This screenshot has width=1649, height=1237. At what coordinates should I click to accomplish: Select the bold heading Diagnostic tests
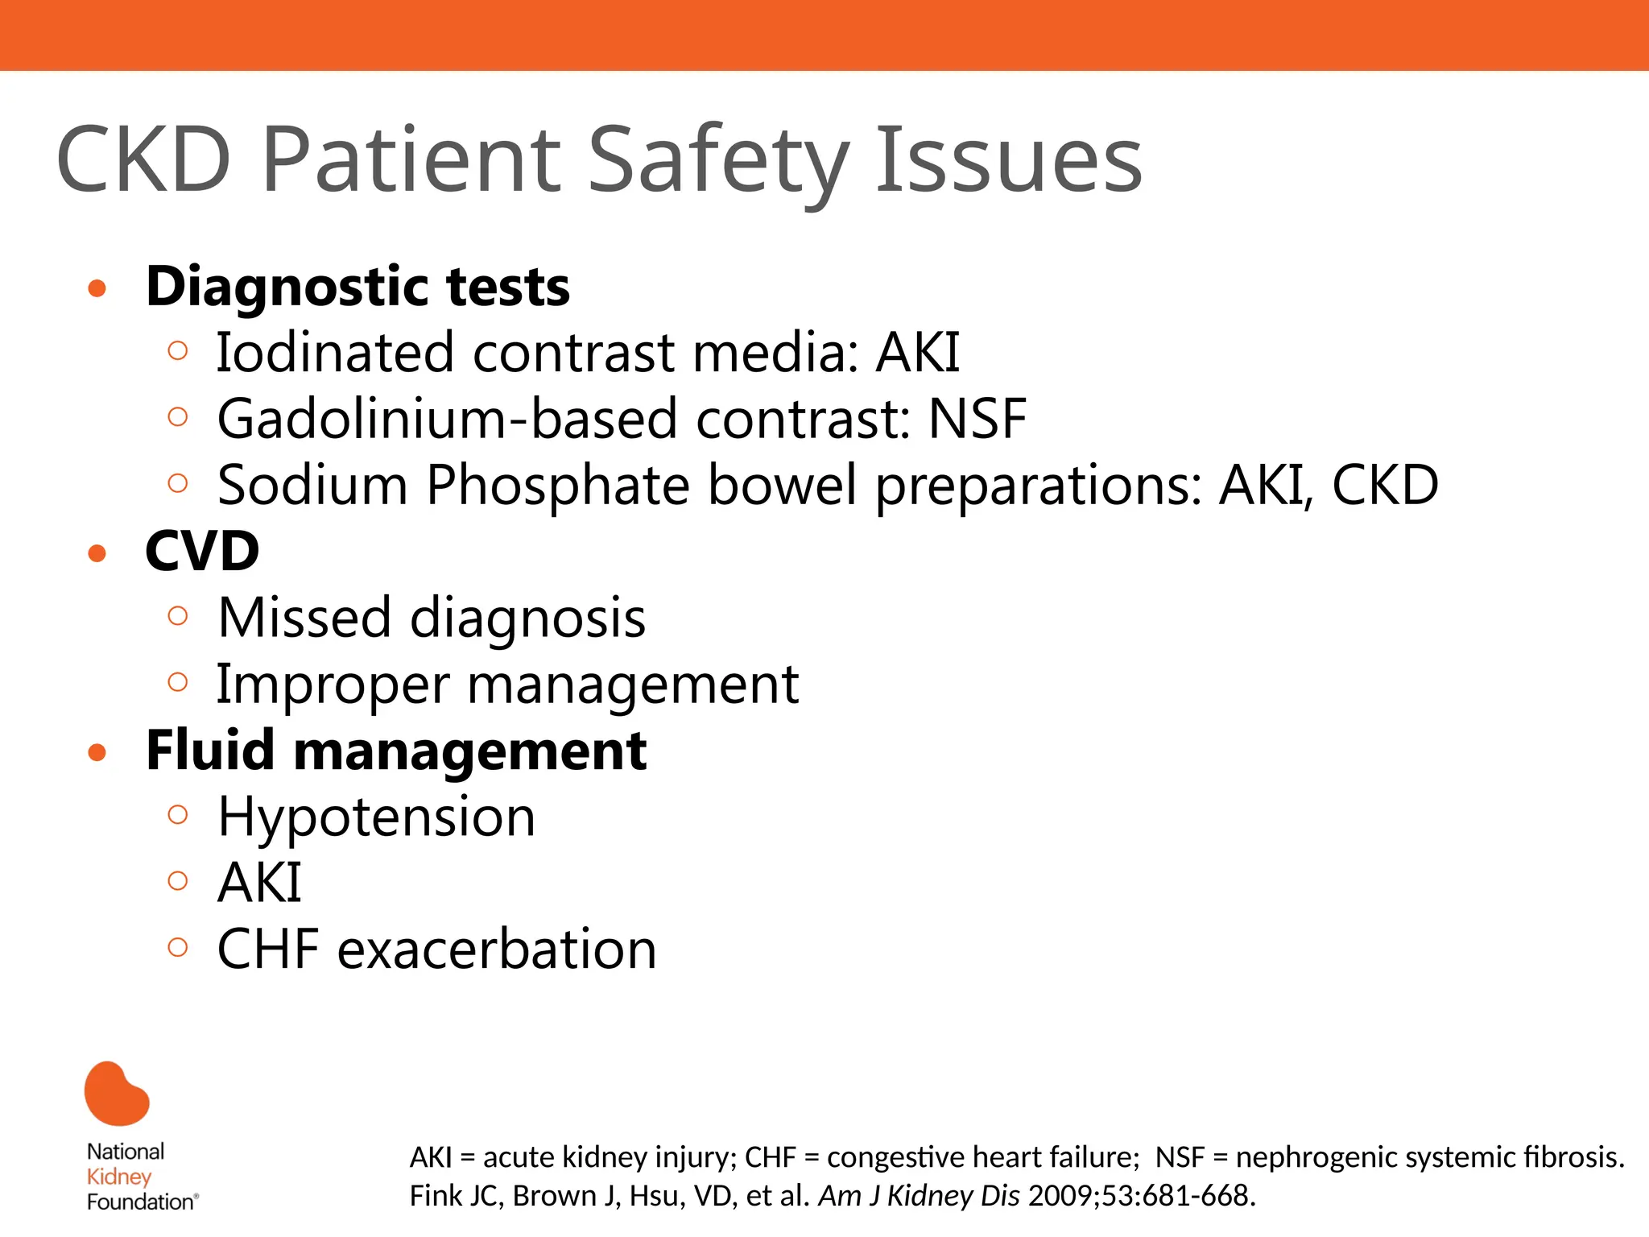(357, 288)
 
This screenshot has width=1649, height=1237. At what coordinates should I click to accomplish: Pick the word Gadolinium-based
(447, 420)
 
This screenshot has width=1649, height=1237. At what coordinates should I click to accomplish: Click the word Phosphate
(557, 486)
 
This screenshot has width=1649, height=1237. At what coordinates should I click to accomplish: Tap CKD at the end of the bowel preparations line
(1385, 486)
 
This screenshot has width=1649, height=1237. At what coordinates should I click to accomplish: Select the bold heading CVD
(202, 552)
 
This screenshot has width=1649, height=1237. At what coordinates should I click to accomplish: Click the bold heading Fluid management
(396, 751)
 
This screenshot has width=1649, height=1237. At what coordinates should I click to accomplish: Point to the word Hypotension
(376, 817)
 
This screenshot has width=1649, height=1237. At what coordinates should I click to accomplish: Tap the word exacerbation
(497, 949)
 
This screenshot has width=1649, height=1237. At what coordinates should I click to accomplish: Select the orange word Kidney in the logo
(119, 1177)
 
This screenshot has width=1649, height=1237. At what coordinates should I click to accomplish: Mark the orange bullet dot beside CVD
(97, 553)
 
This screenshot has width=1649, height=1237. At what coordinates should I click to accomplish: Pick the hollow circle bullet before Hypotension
(178, 814)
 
